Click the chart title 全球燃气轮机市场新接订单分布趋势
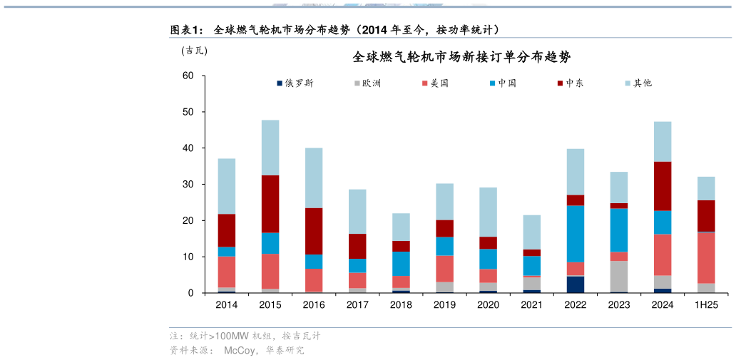pos(461,57)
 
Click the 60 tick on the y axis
pos(188,76)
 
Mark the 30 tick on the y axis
pos(188,185)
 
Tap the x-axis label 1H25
pos(706,304)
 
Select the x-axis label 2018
pos(401,304)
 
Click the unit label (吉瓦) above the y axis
pos(194,50)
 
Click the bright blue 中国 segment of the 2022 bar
pos(576,234)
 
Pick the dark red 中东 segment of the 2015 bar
pos(270,204)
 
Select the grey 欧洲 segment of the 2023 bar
pos(619,276)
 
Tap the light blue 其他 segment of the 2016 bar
pos(314,178)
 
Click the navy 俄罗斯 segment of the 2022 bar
pos(576,284)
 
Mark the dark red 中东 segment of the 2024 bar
pos(663,186)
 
